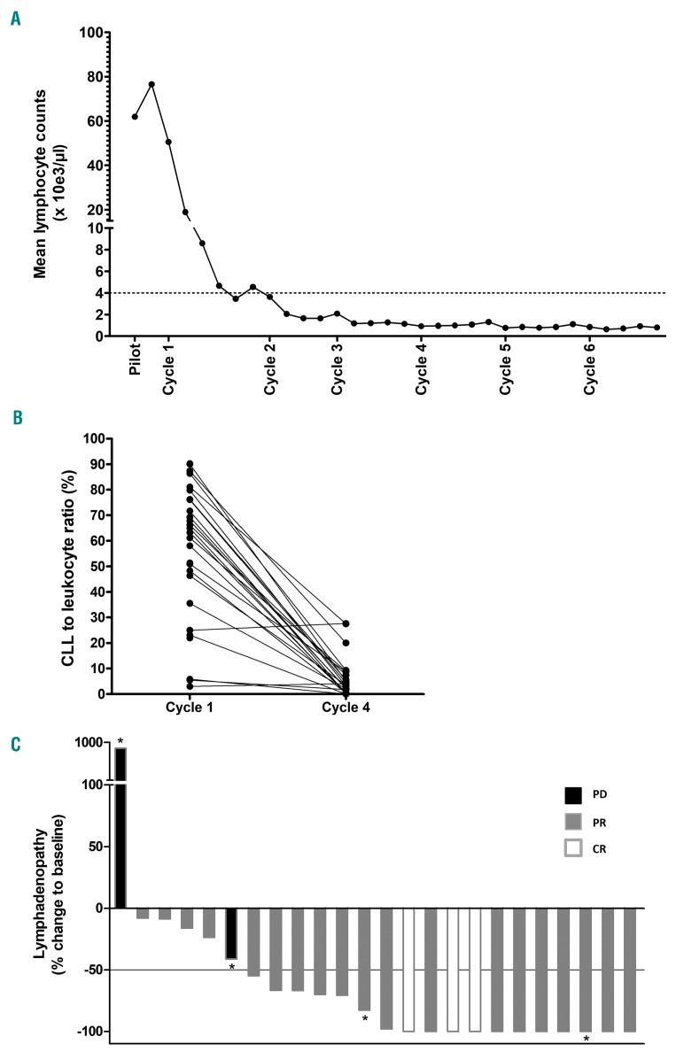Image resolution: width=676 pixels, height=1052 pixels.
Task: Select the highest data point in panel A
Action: [152, 84]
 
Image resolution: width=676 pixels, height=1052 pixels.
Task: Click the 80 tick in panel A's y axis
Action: [90, 77]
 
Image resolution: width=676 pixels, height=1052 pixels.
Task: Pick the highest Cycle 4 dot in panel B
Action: [346, 624]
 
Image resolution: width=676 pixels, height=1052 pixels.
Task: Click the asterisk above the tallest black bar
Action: [120, 740]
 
